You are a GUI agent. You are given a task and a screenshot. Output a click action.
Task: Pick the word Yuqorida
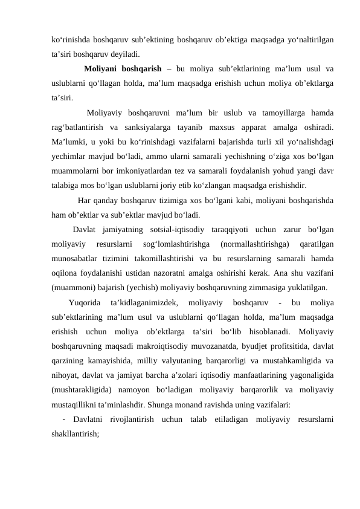85,303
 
